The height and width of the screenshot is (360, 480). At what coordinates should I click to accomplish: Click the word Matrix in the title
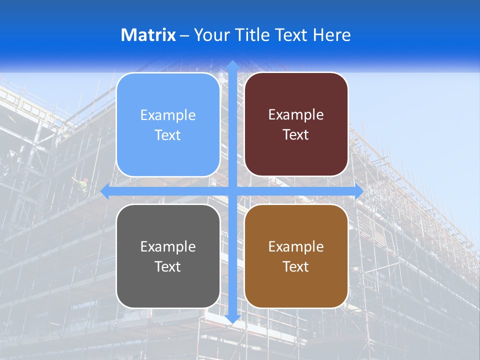pyautogui.click(x=148, y=35)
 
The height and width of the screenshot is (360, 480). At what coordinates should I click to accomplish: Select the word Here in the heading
pyautogui.click(x=332, y=35)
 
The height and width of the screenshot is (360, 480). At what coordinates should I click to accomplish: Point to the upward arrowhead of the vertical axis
pyautogui.click(x=232, y=65)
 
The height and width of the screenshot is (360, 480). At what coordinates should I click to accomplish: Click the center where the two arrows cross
pyautogui.click(x=232, y=191)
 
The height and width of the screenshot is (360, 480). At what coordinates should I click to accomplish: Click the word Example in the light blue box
pyautogui.click(x=168, y=115)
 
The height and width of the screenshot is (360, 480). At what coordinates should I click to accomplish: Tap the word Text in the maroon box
pyautogui.click(x=296, y=135)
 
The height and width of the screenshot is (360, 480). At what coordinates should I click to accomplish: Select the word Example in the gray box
pyautogui.click(x=168, y=246)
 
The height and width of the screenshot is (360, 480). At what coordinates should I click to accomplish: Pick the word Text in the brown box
pyautogui.click(x=296, y=266)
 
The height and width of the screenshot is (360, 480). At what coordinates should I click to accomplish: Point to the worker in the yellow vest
pyautogui.click(x=81, y=186)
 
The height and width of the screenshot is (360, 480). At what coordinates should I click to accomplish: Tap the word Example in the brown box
pyautogui.click(x=296, y=246)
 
